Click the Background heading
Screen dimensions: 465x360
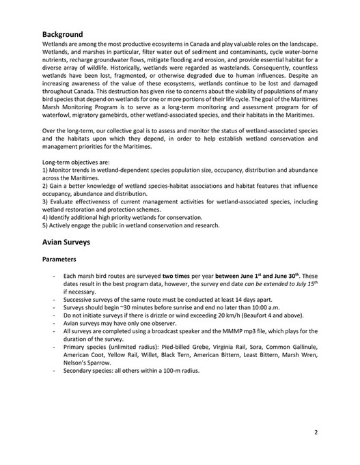pos(62,34)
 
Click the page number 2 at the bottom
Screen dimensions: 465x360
pos(316,432)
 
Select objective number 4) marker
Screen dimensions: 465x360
pos(46,217)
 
